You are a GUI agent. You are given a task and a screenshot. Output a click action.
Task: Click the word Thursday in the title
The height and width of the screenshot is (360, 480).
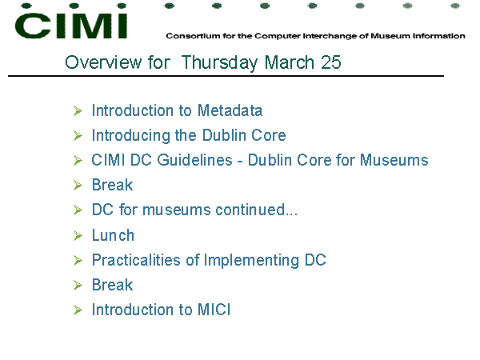pyautogui.click(x=220, y=62)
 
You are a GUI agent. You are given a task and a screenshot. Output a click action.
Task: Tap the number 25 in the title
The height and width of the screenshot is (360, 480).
pyautogui.click(x=331, y=62)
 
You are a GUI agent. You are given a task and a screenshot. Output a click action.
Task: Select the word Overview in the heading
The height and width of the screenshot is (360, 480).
pyautogui.click(x=103, y=62)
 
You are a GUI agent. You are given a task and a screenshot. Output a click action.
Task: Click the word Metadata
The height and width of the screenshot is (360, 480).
pyautogui.click(x=230, y=110)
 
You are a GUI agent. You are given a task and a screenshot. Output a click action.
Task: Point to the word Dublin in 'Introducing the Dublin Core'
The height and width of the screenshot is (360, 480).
pyautogui.click(x=224, y=135)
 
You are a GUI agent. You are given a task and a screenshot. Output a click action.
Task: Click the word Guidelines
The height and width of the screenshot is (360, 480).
pyautogui.click(x=195, y=160)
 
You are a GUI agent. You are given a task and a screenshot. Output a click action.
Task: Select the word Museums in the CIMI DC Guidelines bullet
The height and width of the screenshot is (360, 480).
pyautogui.click(x=394, y=160)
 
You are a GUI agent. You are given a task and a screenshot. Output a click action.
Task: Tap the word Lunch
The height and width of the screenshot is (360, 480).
pyautogui.click(x=114, y=235)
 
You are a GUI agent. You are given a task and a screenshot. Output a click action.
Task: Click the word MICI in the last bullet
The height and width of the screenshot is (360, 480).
pyautogui.click(x=214, y=310)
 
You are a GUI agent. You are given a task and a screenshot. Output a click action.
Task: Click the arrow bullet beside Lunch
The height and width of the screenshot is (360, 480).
pyautogui.click(x=78, y=236)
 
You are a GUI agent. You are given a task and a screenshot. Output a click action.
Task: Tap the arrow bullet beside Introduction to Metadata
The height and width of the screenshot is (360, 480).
pyautogui.click(x=78, y=111)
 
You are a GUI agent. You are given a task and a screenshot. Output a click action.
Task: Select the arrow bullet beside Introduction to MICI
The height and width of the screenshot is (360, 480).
pyautogui.click(x=78, y=310)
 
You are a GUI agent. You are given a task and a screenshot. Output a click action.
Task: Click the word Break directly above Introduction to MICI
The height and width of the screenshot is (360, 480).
pyautogui.click(x=112, y=285)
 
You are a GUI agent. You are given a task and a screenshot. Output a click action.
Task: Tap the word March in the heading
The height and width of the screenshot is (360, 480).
pyautogui.click(x=290, y=62)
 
